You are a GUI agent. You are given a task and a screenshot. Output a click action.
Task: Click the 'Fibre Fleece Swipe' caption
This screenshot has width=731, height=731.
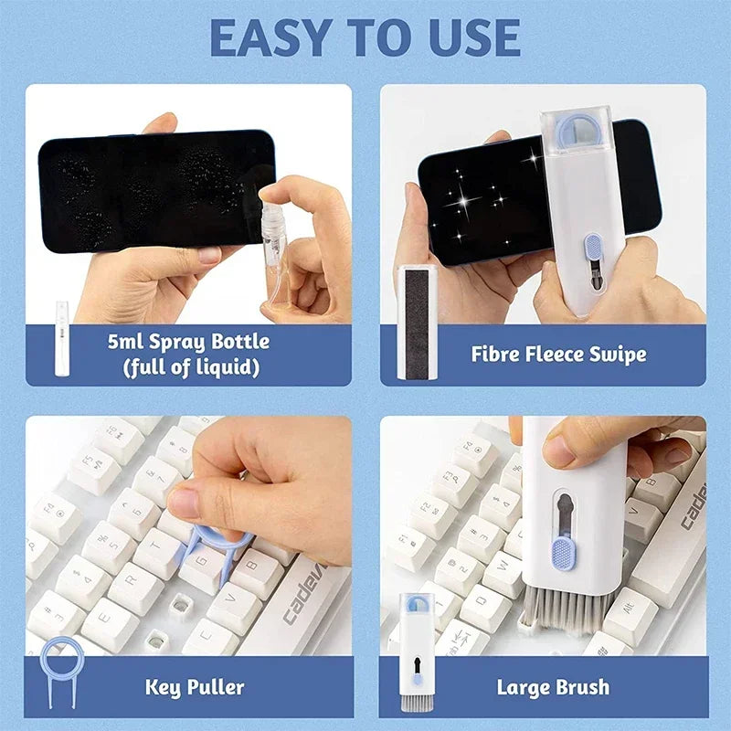point(558,355)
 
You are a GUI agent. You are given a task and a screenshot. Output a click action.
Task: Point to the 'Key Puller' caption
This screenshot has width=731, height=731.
point(194,686)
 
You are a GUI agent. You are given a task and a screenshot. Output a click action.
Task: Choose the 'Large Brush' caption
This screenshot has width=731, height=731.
point(553,686)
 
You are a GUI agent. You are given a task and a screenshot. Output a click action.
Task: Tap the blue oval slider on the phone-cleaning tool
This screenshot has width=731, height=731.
point(593,248)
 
